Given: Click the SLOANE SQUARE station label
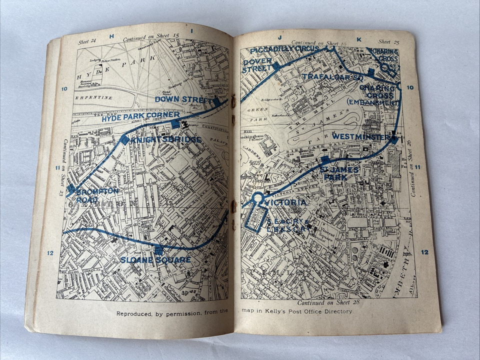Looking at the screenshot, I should point(155,260).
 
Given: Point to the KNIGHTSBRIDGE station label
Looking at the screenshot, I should point(165,140).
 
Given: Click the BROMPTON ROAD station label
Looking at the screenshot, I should point(97,195).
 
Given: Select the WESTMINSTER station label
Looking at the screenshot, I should point(360,136).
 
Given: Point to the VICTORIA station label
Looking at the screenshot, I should point(286,202).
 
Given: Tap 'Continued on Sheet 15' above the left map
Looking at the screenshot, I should point(146,37).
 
